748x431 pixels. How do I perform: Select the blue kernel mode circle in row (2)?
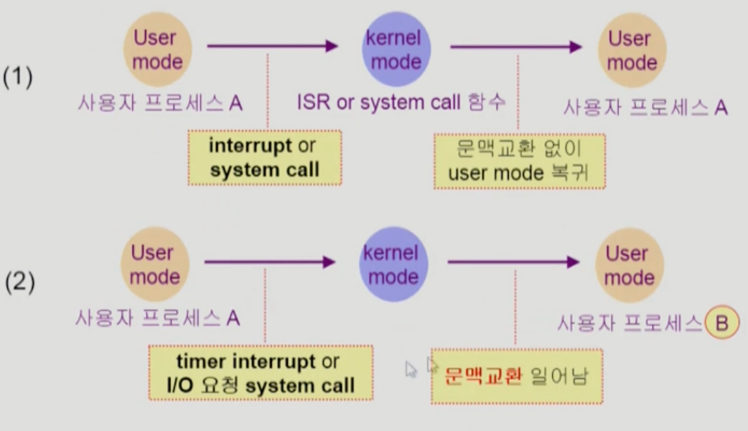[390, 264]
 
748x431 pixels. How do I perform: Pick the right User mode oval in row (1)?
[632, 50]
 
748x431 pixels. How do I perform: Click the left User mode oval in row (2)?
[154, 264]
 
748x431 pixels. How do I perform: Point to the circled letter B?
[721, 324]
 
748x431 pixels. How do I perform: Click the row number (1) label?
[17, 78]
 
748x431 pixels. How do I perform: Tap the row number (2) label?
[19, 282]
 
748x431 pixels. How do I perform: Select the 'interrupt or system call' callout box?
[264, 158]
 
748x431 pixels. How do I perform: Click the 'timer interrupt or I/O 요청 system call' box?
[261, 373]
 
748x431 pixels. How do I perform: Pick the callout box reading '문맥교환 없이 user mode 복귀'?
[519, 161]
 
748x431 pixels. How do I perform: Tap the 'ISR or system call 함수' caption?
[401, 103]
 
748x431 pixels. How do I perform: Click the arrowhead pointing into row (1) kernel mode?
[331, 47]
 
